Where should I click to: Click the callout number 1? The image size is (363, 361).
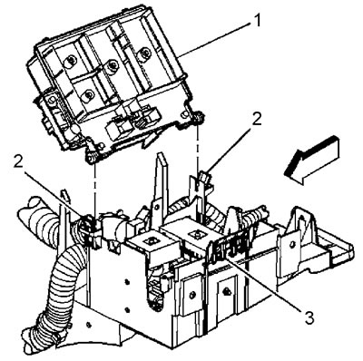257,21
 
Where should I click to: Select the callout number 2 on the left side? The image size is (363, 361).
19,162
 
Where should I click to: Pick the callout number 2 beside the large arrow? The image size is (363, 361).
257,120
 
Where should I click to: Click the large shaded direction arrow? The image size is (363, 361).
310,160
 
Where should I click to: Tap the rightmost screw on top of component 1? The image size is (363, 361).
143,52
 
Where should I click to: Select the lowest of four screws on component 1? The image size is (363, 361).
88,95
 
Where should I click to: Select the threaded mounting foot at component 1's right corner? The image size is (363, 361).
198,117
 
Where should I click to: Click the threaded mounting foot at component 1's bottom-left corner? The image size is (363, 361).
93,157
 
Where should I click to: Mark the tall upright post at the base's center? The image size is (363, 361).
162,181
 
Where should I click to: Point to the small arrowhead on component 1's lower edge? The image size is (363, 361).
150,140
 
